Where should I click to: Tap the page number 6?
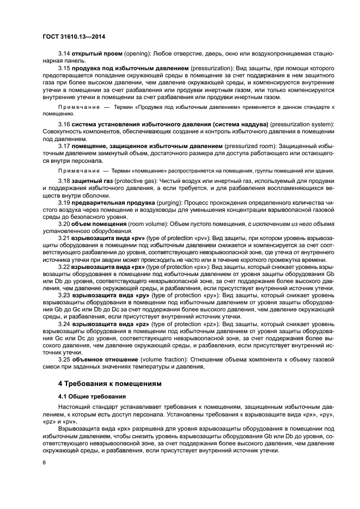click(45, 463)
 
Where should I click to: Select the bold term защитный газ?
click(94, 181)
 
